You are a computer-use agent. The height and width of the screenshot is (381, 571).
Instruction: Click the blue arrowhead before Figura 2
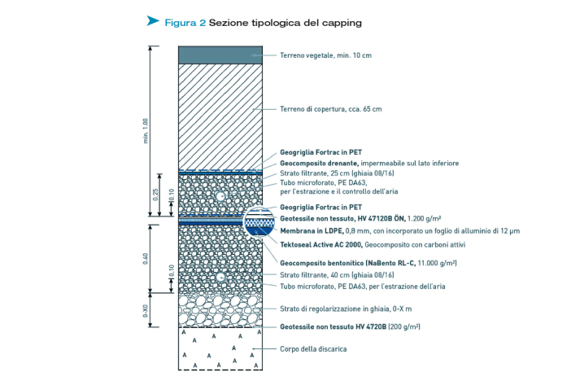point(152,21)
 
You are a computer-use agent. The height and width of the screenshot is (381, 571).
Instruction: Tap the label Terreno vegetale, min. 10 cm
point(325,55)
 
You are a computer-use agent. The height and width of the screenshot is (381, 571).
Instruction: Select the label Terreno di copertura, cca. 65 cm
point(331,109)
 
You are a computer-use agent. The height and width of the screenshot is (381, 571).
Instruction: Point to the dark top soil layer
point(220,55)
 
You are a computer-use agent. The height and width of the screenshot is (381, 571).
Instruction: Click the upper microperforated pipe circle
point(220,196)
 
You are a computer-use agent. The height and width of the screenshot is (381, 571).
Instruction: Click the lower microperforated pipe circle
point(220,278)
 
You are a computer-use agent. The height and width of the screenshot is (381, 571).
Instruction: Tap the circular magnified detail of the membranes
point(259,221)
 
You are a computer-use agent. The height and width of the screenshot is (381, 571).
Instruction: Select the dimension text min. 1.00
point(146,131)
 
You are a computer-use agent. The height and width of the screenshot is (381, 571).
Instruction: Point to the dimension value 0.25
point(155,195)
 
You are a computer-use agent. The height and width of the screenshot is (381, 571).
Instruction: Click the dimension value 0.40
point(146,259)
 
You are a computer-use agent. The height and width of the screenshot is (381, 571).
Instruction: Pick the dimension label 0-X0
point(146,311)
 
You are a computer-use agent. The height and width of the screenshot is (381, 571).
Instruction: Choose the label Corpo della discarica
point(313,349)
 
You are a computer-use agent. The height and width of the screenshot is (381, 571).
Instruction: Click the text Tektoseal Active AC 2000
point(321,245)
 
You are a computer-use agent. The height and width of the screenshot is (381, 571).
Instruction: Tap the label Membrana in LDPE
point(312,230)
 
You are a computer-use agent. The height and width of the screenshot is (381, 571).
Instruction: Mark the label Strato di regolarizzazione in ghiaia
point(335,309)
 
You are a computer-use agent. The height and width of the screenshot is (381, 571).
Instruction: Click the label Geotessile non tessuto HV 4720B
point(333,326)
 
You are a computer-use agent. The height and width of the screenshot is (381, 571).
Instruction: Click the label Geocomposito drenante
point(319,163)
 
